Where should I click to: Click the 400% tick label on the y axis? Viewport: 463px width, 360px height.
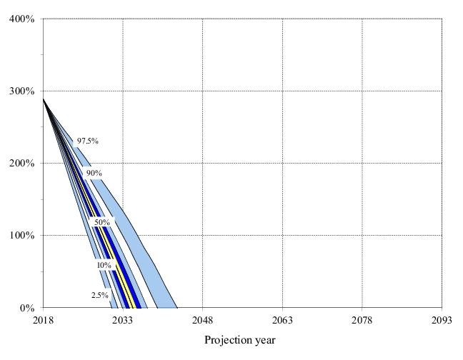[22, 19]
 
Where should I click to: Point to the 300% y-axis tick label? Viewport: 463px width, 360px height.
[22, 91]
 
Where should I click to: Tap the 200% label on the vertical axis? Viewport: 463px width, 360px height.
[22, 163]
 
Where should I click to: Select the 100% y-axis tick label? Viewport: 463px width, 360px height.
[22, 235]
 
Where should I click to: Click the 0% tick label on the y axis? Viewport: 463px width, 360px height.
[26, 308]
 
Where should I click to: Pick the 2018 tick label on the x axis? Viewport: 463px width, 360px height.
[43, 321]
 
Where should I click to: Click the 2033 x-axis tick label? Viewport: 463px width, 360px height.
[123, 321]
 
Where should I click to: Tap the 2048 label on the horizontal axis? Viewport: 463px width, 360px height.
[202, 321]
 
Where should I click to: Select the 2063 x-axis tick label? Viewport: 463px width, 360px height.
[282, 321]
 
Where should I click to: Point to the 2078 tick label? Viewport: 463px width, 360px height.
[362, 321]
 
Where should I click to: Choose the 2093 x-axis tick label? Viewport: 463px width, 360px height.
[442, 321]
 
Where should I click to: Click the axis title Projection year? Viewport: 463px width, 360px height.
[239, 340]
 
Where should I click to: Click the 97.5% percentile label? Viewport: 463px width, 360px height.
[87, 141]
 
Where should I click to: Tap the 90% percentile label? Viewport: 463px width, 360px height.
[94, 173]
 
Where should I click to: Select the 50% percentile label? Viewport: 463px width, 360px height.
[101, 222]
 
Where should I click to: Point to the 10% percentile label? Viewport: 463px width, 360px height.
[104, 265]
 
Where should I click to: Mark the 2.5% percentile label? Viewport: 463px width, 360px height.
[99, 295]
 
